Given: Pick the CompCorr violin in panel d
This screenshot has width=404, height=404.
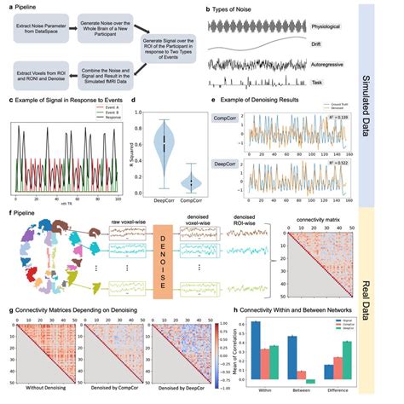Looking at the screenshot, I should tap(193, 182).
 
